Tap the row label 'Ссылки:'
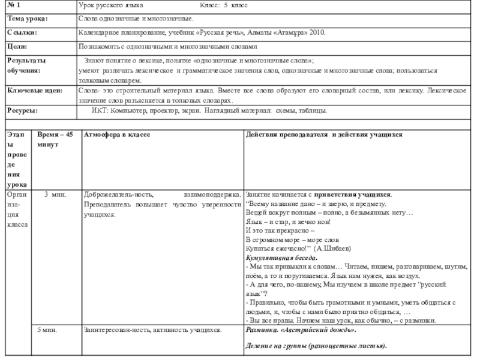(x=22, y=32)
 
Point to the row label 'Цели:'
(x=17, y=46)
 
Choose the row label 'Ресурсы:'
(x=23, y=111)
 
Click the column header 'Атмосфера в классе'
(x=117, y=134)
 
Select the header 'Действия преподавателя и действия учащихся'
(x=324, y=134)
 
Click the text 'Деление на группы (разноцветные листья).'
(x=316, y=347)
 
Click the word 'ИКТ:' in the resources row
(x=100, y=111)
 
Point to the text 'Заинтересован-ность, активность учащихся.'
(x=153, y=331)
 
